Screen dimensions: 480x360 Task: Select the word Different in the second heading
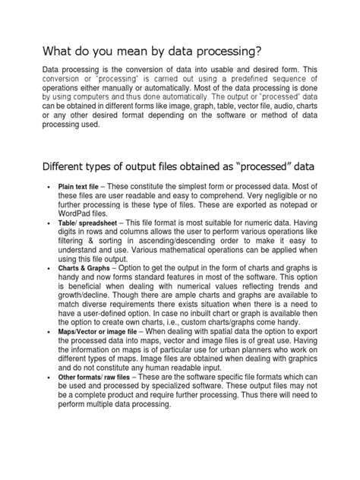[49, 166]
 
